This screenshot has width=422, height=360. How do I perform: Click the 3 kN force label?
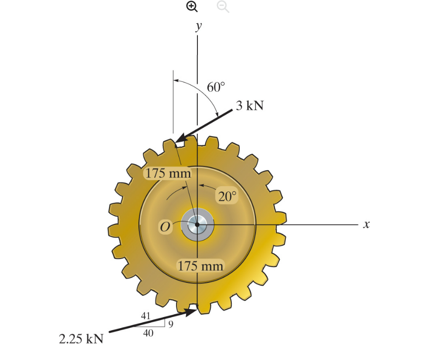[250, 105]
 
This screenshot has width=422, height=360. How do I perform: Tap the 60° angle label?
[216, 87]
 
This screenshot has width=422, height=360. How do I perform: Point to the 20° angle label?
[227, 197]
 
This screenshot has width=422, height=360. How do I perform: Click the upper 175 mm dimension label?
[168, 173]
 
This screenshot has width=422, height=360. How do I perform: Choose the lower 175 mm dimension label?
[200, 265]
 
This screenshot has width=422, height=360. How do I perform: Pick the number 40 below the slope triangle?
[148, 334]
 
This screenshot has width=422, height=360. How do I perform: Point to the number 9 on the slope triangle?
[171, 324]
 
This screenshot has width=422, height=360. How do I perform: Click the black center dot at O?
[197, 224]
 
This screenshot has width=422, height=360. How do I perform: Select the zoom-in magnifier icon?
[191, 6]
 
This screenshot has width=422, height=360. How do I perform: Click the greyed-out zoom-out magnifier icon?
[223, 6]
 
